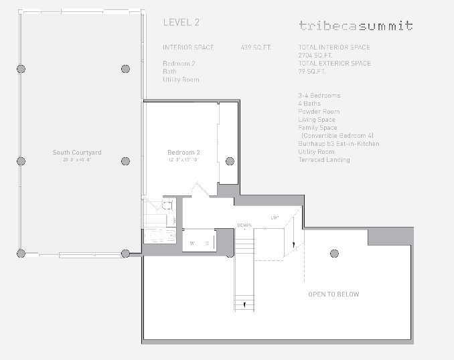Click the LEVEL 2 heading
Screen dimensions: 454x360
pyautogui.click(x=181, y=22)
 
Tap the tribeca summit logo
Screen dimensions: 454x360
pyautogui.click(x=356, y=26)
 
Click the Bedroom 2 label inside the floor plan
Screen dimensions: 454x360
pyautogui.click(x=183, y=153)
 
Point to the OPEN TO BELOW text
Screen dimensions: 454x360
pyautogui.click(x=333, y=294)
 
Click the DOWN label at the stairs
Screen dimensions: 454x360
pyautogui.click(x=244, y=225)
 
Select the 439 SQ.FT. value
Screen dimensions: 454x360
pyautogui.click(x=256, y=48)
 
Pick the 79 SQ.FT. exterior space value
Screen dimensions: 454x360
pyautogui.click(x=313, y=72)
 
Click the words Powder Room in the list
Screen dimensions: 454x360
pyautogui.click(x=319, y=112)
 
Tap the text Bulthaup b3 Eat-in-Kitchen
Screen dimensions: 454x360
pyautogui.click(x=338, y=144)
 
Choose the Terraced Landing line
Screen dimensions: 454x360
pyautogui.click(x=324, y=160)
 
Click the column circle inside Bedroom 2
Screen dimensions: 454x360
pyautogui.click(x=230, y=161)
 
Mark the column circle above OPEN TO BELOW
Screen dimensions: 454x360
pyautogui.click(x=333, y=253)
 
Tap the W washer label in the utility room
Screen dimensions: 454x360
pyautogui.click(x=193, y=243)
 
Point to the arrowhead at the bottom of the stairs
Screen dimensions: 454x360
pyautogui.click(x=244, y=306)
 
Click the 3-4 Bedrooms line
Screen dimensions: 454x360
pyautogui.click(x=319, y=96)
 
